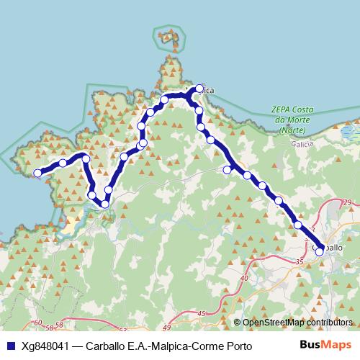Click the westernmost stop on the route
37,173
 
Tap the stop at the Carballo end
319,251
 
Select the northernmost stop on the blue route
199,89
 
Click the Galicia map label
294,143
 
